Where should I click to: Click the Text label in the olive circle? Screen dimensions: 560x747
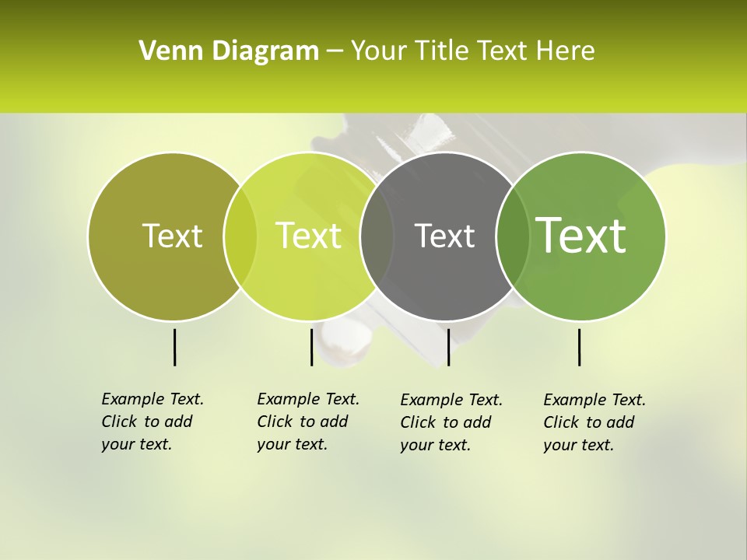pos(172,236)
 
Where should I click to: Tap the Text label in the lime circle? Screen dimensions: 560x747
pos(308,236)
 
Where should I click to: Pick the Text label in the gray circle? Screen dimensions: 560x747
pos(444,236)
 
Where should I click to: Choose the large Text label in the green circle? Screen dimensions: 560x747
pos(580,236)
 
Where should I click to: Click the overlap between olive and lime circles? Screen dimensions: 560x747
pos(240,236)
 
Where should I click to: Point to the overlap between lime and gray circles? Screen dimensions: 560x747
pos(377,236)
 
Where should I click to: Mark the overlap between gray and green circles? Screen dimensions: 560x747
pos(512,236)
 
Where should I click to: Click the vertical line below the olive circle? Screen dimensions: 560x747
pos(174,347)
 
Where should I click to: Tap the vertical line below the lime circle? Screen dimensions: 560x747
pos(311,347)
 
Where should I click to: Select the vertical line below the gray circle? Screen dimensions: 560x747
pos(448,347)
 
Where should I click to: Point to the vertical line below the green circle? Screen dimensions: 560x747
pos(579,347)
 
